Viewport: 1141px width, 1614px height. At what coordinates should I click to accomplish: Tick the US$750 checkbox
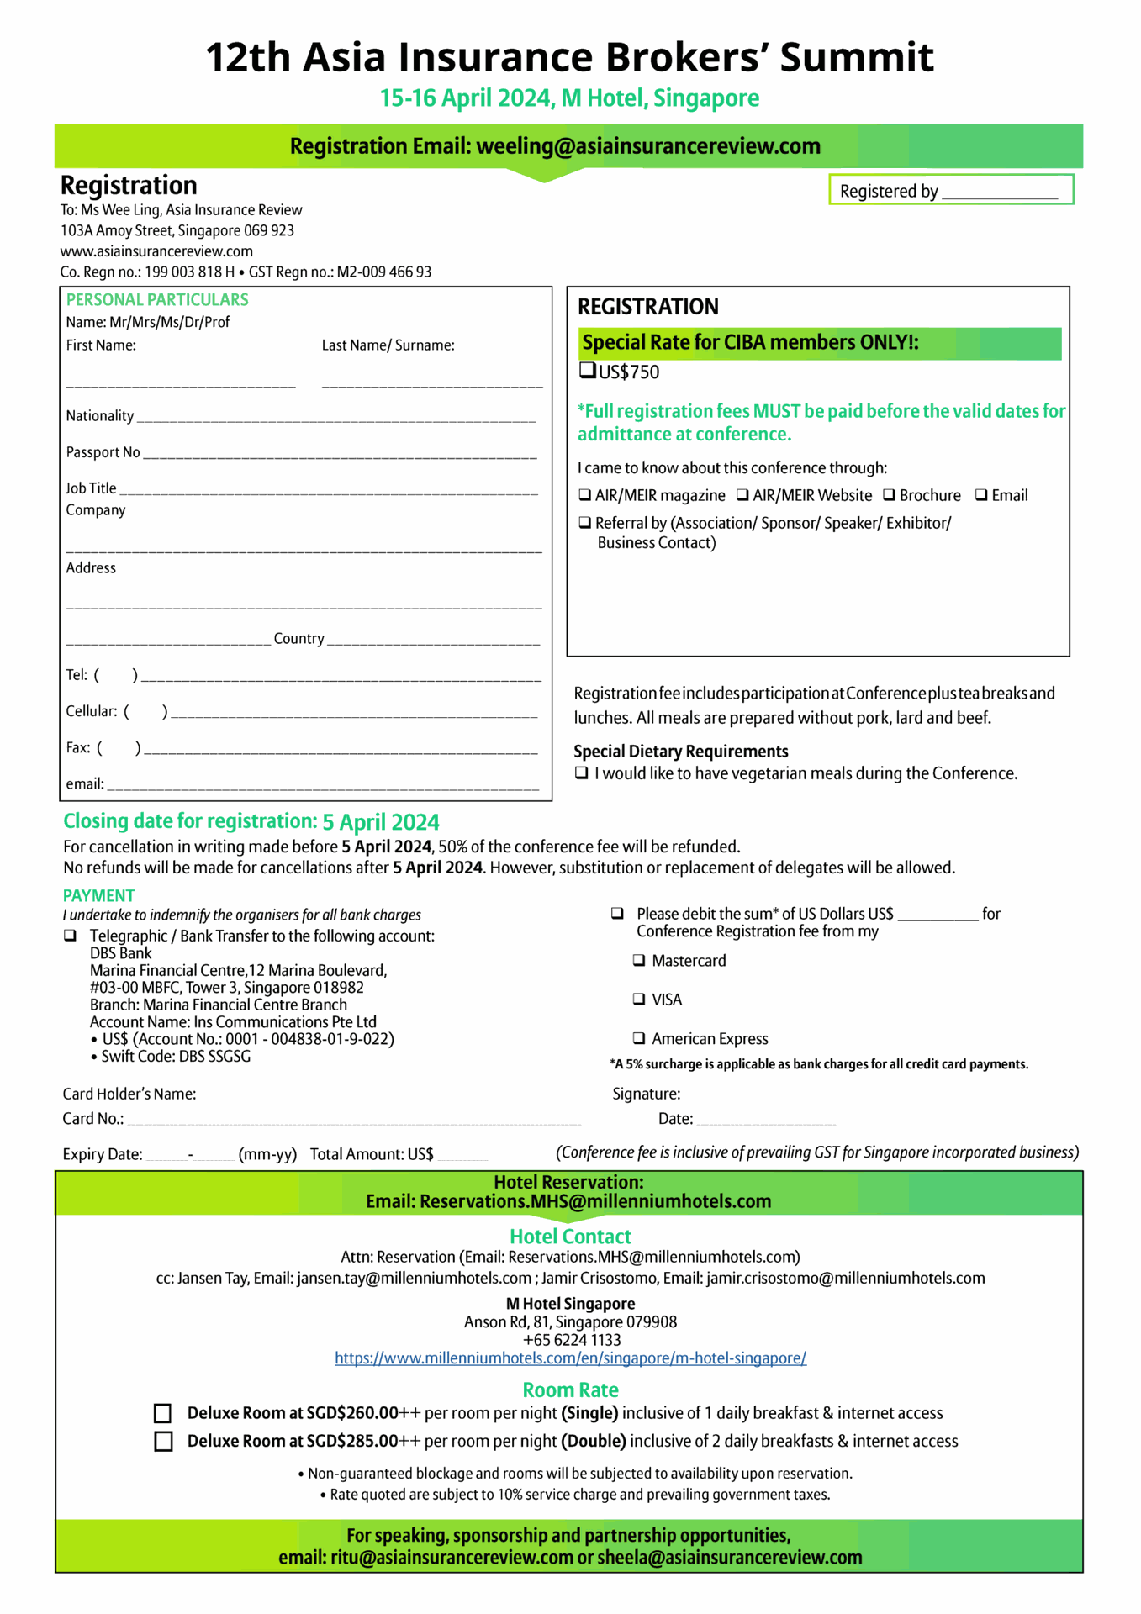587,371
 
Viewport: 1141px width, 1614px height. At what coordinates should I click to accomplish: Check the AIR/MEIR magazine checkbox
584,495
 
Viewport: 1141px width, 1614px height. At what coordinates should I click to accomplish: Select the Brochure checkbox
889,495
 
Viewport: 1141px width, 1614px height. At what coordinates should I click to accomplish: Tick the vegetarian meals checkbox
581,773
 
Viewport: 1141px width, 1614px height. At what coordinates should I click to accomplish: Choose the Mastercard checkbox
639,960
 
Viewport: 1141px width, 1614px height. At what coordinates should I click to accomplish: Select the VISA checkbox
639,999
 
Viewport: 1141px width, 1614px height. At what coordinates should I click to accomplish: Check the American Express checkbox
639,1038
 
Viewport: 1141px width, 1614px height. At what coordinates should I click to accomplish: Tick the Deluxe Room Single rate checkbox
163,1413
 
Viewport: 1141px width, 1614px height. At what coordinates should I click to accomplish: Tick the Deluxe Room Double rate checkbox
163,1442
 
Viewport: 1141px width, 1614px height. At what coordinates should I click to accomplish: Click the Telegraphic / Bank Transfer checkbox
71,936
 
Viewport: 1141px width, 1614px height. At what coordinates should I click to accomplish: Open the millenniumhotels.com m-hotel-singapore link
570,1358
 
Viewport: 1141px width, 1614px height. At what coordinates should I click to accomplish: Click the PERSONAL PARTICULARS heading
157,300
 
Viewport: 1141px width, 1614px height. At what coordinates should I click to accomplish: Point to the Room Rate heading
570,1390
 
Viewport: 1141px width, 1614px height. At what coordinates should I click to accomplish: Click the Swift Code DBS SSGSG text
176,1057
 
